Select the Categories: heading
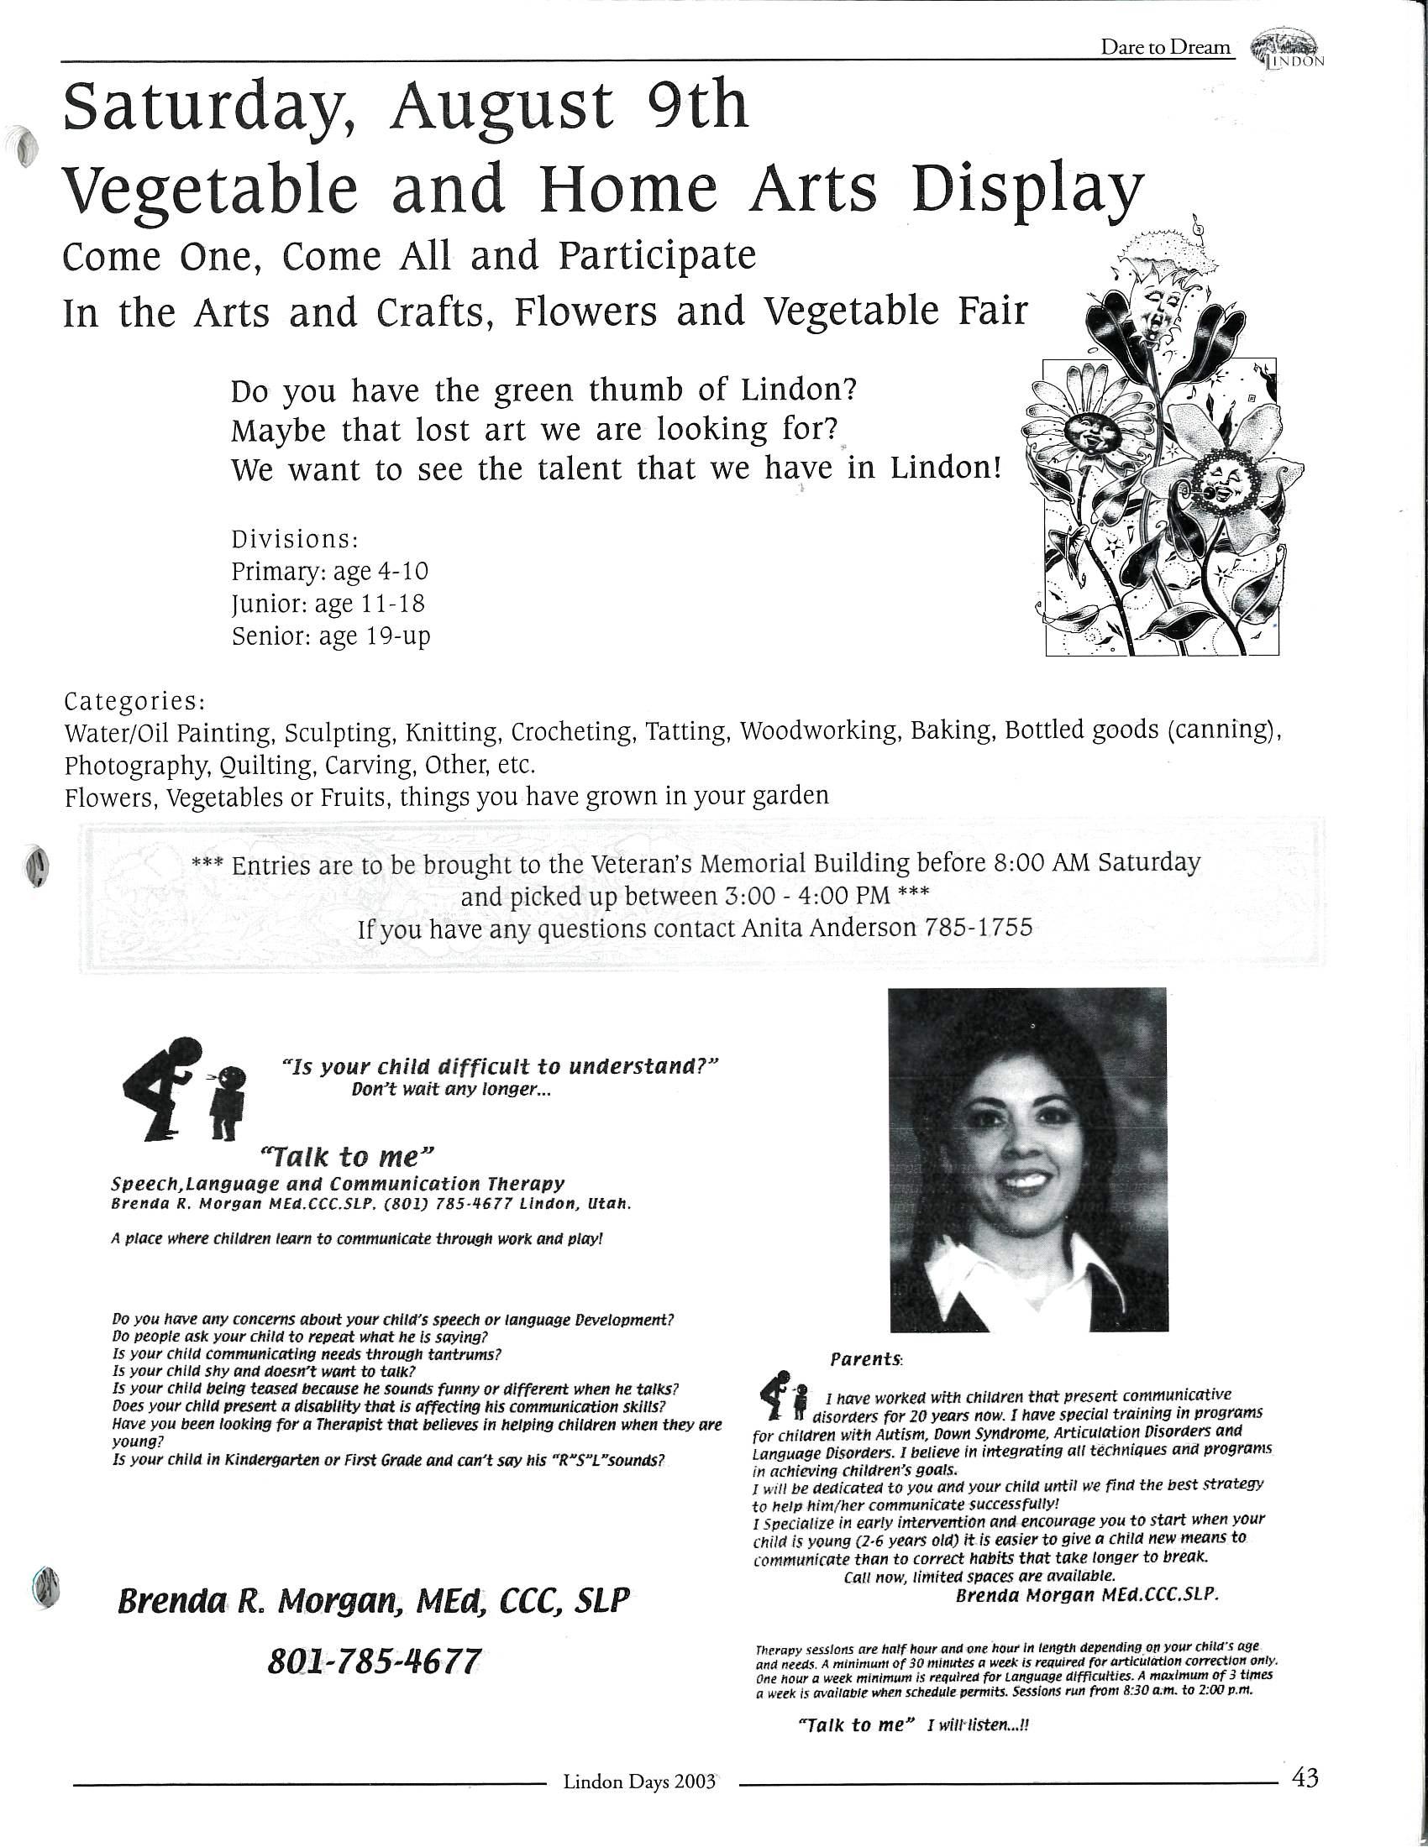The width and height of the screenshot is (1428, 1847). [134, 701]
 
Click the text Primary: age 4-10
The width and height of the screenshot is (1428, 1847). [330, 571]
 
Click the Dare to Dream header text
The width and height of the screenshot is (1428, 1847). [1166, 47]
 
